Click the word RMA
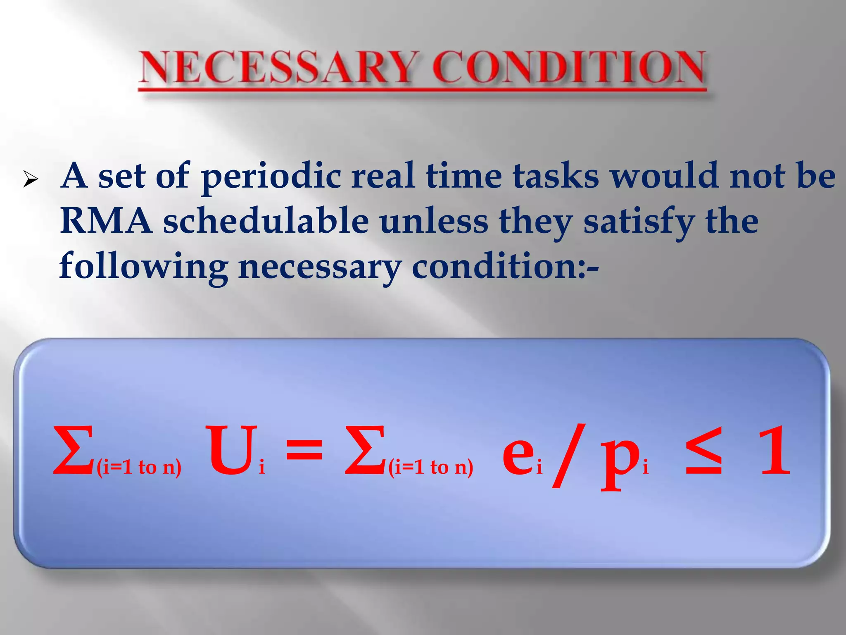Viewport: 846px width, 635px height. tap(106, 221)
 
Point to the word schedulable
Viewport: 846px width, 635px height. tap(266, 221)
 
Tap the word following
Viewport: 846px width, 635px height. tap(143, 267)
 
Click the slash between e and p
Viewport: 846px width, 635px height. tap(568, 455)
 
